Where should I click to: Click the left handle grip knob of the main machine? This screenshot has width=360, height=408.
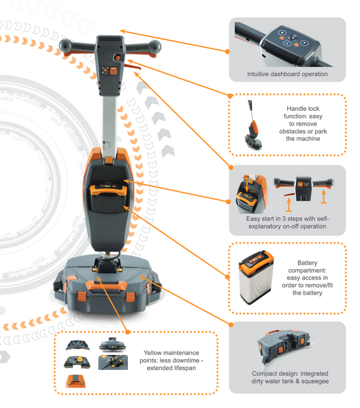pos(65,46)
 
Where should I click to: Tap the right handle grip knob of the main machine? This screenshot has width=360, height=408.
pos(154,47)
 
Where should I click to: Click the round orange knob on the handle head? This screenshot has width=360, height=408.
pos(118,58)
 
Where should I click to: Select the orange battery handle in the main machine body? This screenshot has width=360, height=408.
pos(108,190)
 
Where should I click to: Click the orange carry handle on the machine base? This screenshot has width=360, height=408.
pos(106,286)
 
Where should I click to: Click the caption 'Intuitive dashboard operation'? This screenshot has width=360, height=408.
pos(287,74)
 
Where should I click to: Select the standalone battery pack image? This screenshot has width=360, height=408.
pos(257,277)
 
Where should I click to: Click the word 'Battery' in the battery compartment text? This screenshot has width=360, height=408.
pos(308,262)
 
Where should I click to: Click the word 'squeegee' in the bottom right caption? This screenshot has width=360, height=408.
pos(315,381)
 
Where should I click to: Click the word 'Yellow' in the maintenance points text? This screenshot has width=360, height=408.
pos(152,353)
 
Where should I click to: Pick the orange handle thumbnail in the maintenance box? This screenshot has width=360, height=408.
pos(76,381)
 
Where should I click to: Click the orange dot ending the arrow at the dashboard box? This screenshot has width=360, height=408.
pos(227,52)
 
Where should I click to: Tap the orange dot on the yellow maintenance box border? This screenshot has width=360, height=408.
pos(127,332)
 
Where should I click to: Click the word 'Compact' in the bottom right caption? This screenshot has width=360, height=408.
pos(262,373)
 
